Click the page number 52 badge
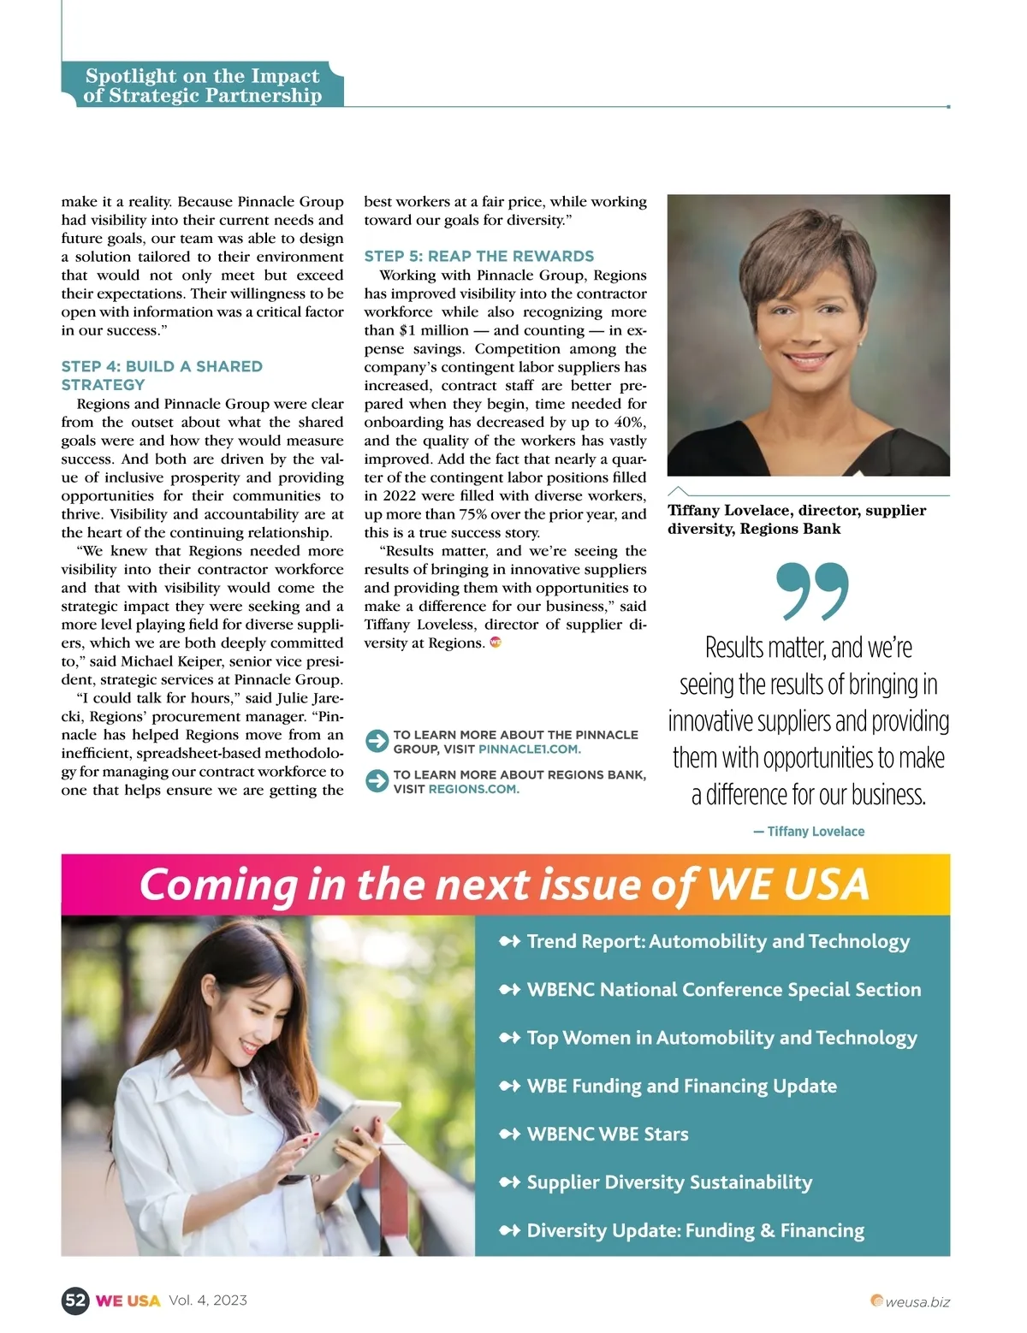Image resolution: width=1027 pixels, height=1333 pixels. click(x=75, y=1300)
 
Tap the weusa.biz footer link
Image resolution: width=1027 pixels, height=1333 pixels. click(x=917, y=1302)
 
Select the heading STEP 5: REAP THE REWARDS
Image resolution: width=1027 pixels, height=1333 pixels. click(x=478, y=256)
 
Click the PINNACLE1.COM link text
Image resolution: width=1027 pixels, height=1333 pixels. click(x=529, y=749)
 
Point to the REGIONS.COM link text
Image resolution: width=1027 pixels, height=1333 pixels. click(x=473, y=789)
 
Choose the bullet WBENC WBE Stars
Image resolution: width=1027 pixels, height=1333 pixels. click(x=607, y=1135)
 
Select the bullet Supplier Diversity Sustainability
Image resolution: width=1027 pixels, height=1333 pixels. click(x=668, y=1182)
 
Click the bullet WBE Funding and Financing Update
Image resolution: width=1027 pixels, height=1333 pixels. click(x=681, y=1086)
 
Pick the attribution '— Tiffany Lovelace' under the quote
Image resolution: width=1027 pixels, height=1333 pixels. click(x=809, y=832)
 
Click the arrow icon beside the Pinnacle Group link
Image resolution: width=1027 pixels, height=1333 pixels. click(x=377, y=741)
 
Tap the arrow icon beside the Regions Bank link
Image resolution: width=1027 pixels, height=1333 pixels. click(x=377, y=781)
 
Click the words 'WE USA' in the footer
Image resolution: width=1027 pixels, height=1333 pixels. click(x=128, y=1300)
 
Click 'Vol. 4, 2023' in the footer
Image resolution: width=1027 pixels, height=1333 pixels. click(x=208, y=1300)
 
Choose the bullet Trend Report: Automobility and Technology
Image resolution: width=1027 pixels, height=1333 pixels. click(x=717, y=941)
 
